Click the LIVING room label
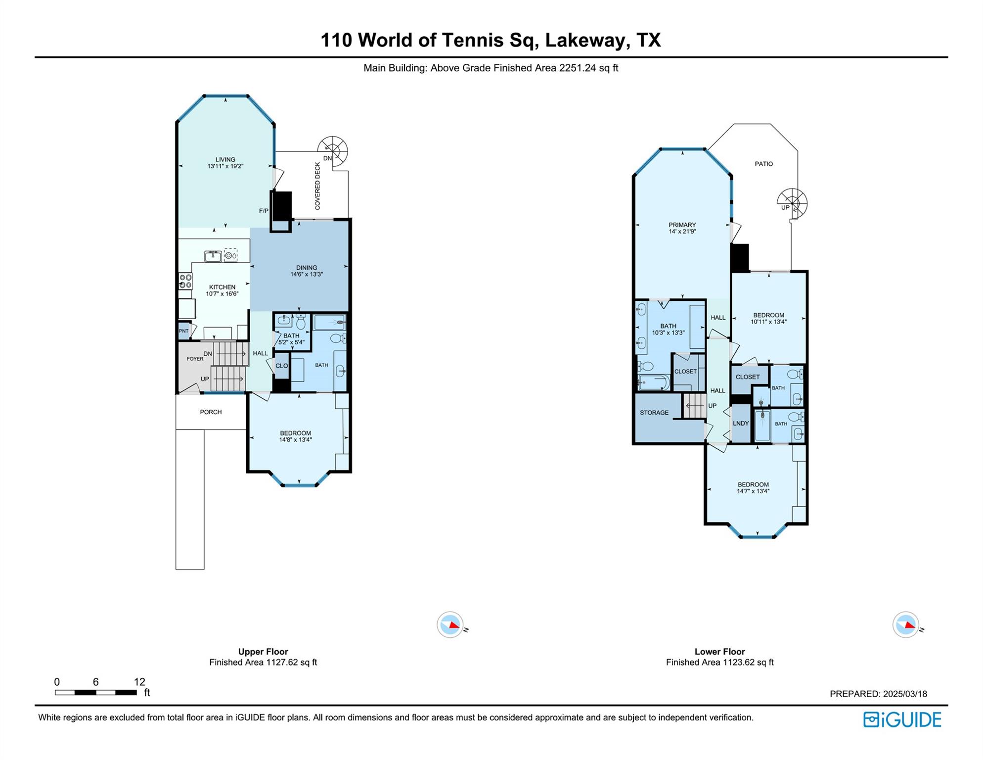coord(225,159)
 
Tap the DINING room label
coord(307,268)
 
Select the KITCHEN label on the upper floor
coord(222,287)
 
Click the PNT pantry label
coord(184,331)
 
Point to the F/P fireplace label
coord(264,211)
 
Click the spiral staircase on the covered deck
coord(333,151)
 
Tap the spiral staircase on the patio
coord(792,203)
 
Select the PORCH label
coord(211,412)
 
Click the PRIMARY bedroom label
coord(682,225)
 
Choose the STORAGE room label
coord(654,413)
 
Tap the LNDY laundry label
coord(741,424)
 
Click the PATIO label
coord(764,164)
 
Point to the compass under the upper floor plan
coord(450,625)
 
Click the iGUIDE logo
coord(902,719)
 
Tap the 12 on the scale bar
coord(139,682)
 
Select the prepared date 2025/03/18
coord(899,694)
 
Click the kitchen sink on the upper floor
coord(213,256)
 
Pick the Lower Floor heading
coord(719,652)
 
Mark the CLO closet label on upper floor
coord(282,366)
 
